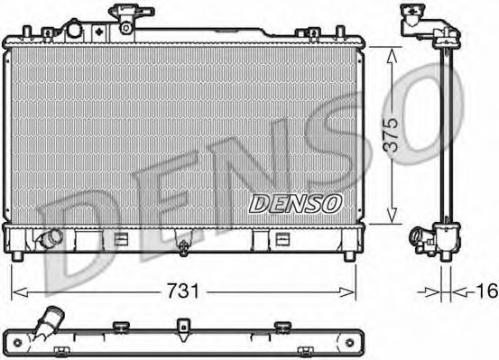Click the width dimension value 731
pos(183,291)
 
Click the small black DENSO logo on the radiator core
pos(294,204)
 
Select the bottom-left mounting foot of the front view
pos(20,255)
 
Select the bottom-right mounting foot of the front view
pos(347,255)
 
